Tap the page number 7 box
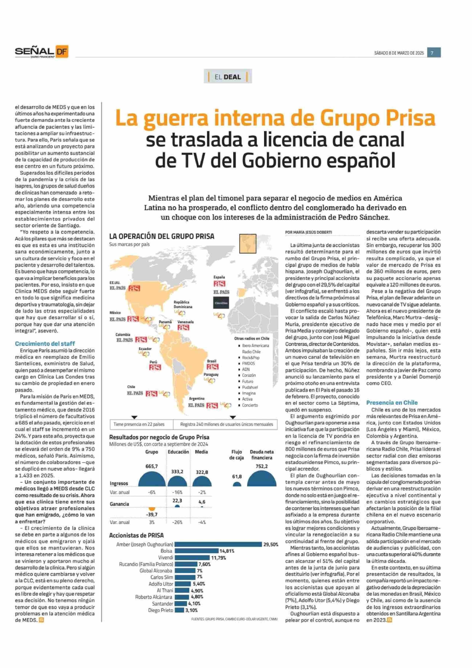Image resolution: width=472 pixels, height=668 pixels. click(434, 53)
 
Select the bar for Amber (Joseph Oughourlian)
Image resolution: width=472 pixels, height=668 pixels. click(218, 544)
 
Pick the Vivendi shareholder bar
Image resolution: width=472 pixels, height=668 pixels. click(192, 557)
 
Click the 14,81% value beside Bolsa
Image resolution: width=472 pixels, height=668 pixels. click(227, 551)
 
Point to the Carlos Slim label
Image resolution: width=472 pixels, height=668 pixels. click(161, 577)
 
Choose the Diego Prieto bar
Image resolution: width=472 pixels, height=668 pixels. click(179, 610)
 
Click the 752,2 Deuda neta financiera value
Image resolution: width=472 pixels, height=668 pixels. click(261, 466)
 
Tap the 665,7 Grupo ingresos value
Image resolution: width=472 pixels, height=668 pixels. click(152, 466)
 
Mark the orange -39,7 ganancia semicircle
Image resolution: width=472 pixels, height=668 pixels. click(152, 509)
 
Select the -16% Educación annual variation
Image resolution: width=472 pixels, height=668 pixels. click(177, 492)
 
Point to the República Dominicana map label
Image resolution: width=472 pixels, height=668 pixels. click(183, 304)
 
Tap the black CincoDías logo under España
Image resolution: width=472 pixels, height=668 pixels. click(221, 303)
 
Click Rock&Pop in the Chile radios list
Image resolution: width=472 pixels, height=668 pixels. click(250, 358)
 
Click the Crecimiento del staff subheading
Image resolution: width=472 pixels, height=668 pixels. click(45, 344)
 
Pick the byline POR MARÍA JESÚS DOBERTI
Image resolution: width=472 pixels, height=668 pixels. click(309, 232)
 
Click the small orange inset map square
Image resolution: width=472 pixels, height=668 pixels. click(248, 244)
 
